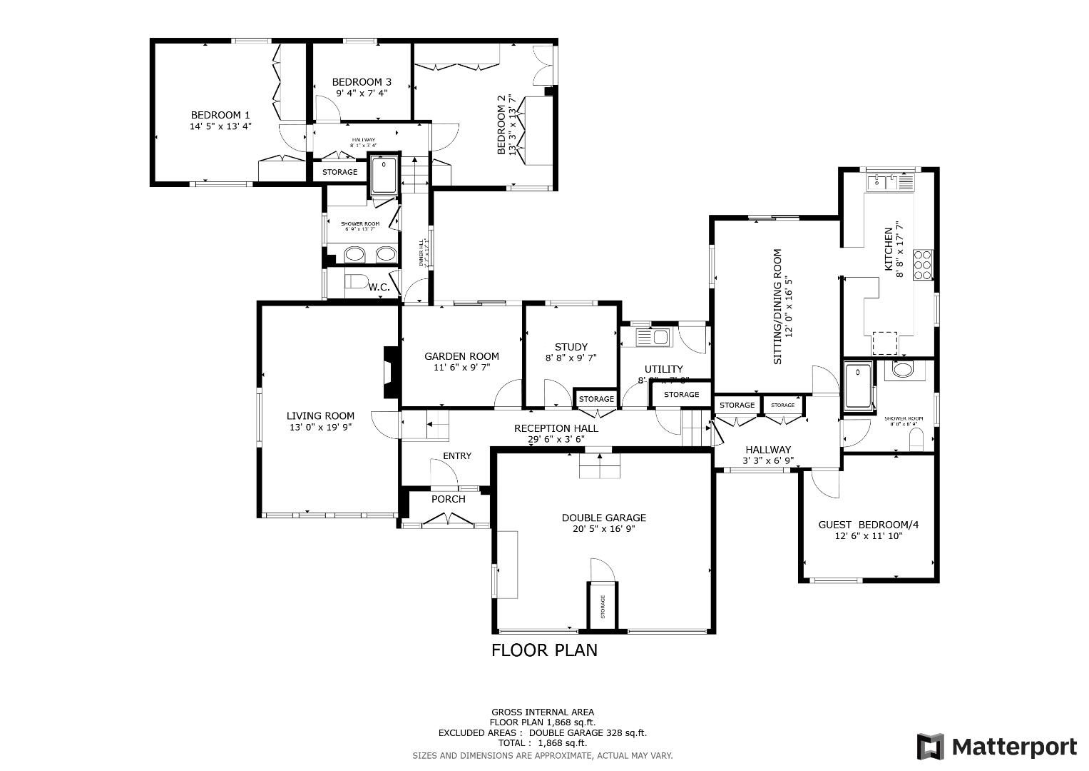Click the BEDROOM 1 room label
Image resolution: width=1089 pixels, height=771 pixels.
tap(220, 115)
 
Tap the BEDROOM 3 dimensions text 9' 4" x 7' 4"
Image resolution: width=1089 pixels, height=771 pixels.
tap(362, 93)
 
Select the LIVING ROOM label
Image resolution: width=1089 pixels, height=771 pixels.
tap(320, 416)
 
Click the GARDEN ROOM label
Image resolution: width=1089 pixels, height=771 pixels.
tap(461, 356)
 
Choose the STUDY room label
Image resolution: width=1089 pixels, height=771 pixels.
tap(571, 347)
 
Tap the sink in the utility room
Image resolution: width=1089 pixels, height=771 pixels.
tap(653, 337)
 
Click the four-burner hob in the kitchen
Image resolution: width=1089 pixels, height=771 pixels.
tap(923, 264)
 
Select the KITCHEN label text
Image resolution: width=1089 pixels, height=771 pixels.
tap(889, 248)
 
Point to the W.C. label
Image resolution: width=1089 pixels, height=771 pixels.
tap(379, 287)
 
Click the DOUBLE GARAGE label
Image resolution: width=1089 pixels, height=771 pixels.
tap(603, 518)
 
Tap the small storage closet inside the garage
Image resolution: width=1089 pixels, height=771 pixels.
tap(603, 606)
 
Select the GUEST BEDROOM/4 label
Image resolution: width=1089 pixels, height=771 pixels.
tap(868, 525)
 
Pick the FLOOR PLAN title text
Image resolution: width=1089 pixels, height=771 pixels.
tap(544, 650)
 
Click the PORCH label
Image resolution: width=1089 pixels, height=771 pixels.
tap(448, 499)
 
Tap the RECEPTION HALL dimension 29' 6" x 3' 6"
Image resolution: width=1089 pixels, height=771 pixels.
tap(556, 439)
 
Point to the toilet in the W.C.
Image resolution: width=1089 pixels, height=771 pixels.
tap(354, 281)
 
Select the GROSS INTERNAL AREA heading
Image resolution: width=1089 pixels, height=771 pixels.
tap(542, 712)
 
